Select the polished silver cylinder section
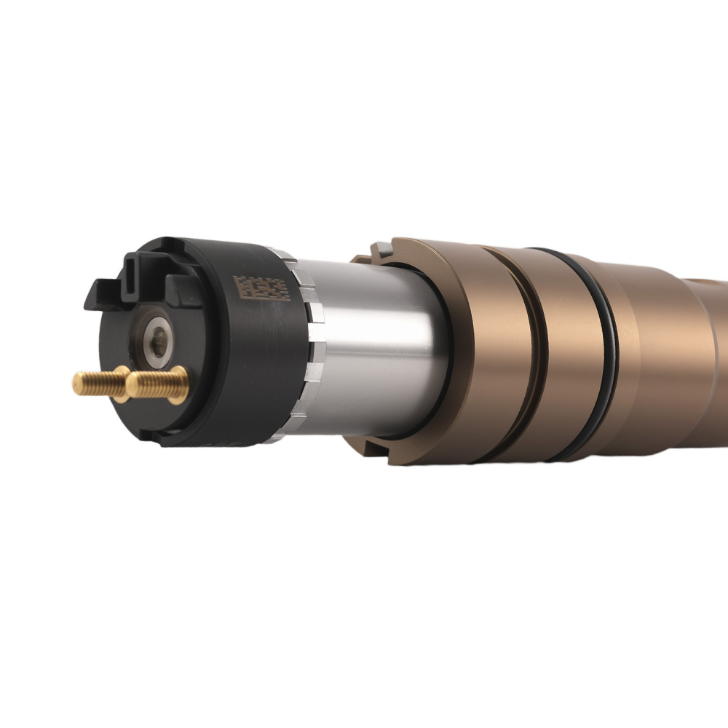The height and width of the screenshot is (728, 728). click(x=379, y=342)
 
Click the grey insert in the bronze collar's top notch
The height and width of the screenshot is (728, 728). click(x=383, y=250)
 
